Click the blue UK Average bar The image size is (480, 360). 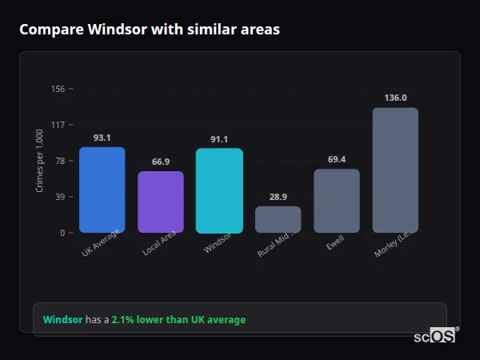click(102, 190)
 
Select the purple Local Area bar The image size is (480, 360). click(160, 202)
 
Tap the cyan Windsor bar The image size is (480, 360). click(218, 191)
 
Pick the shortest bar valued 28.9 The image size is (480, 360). click(278, 219)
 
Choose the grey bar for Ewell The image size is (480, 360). click(336, 201)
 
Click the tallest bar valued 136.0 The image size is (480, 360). click(395, 170)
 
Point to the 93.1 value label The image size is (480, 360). click(102, 138)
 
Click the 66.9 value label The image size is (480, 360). click(160, 162)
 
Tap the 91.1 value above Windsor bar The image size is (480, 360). click(218, 139)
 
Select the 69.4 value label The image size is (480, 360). click(336, 159)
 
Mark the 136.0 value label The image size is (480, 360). click(395, 98)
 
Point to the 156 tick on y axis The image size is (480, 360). click(57, 89)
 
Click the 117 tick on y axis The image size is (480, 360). click(57, 125)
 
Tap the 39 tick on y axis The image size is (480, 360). click(59, 197)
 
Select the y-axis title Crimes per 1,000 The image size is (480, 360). click(39, 160)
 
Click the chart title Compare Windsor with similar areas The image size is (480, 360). click(150, 30)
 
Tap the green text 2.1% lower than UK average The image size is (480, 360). click(178, 320)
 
